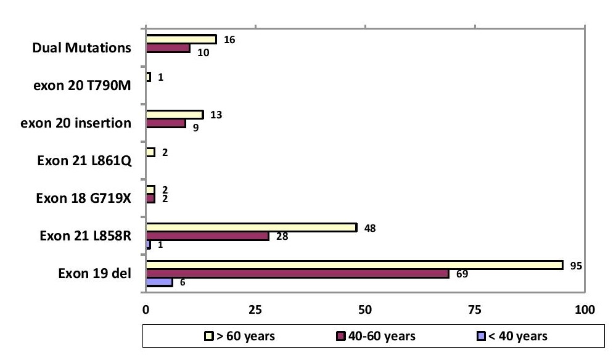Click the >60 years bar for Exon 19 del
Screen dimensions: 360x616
click(355, 265)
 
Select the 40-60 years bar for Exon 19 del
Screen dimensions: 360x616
click(297, 274)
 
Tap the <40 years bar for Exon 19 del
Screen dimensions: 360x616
click(159, 282)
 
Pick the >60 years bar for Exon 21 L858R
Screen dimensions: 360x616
click(252, 227)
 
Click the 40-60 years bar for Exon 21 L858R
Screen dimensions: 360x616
click(207, 236)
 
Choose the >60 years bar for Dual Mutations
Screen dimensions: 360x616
click(181, 39)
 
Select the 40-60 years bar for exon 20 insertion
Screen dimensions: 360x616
click(165, 123)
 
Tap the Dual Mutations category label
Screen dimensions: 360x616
click(82, 48)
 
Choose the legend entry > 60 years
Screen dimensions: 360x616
click(240, 336)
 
